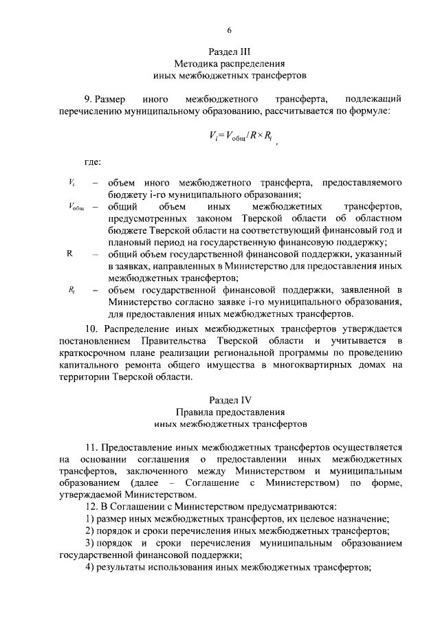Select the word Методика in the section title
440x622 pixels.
tap(193, 63)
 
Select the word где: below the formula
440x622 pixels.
tap(93, 162)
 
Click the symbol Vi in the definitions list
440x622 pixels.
tap(72, 182)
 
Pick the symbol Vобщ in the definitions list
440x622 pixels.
tap(76, 206)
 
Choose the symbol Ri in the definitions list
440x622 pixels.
tap(72, 289)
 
